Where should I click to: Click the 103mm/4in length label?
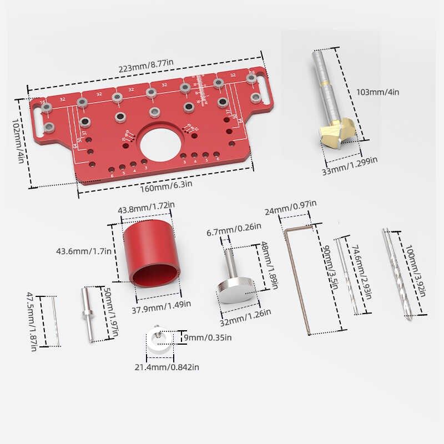(377, 92)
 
